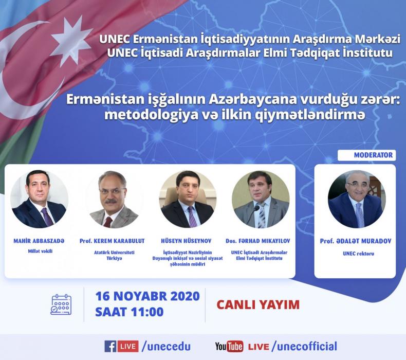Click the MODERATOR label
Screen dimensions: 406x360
tap(373, 155)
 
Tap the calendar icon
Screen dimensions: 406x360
tap(61, 304)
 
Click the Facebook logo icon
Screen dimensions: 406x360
tap(110, 346)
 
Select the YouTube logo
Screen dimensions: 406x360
tap(229, 347)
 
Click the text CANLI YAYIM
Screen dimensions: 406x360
tap(258, 304)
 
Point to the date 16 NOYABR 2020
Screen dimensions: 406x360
tap(147, 296)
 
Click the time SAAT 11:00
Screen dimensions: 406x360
tap(130, 312)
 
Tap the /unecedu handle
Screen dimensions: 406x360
tap(166, 347)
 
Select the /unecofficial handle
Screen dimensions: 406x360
tap(304, 347)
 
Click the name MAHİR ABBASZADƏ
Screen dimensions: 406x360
tap(39, 241)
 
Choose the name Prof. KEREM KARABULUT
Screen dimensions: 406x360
tap(112, 241)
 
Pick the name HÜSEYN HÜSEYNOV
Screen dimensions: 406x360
tap(186, 241)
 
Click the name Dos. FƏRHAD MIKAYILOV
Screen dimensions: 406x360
tap(258, 241)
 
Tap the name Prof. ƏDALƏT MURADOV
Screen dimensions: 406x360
tap(356, 241)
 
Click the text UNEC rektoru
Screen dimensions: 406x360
tap(358, 254)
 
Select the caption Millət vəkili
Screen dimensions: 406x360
tap(40, 251)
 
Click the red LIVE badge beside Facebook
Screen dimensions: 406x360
tap(128, 346)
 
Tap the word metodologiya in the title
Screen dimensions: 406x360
tap(151, 115)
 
